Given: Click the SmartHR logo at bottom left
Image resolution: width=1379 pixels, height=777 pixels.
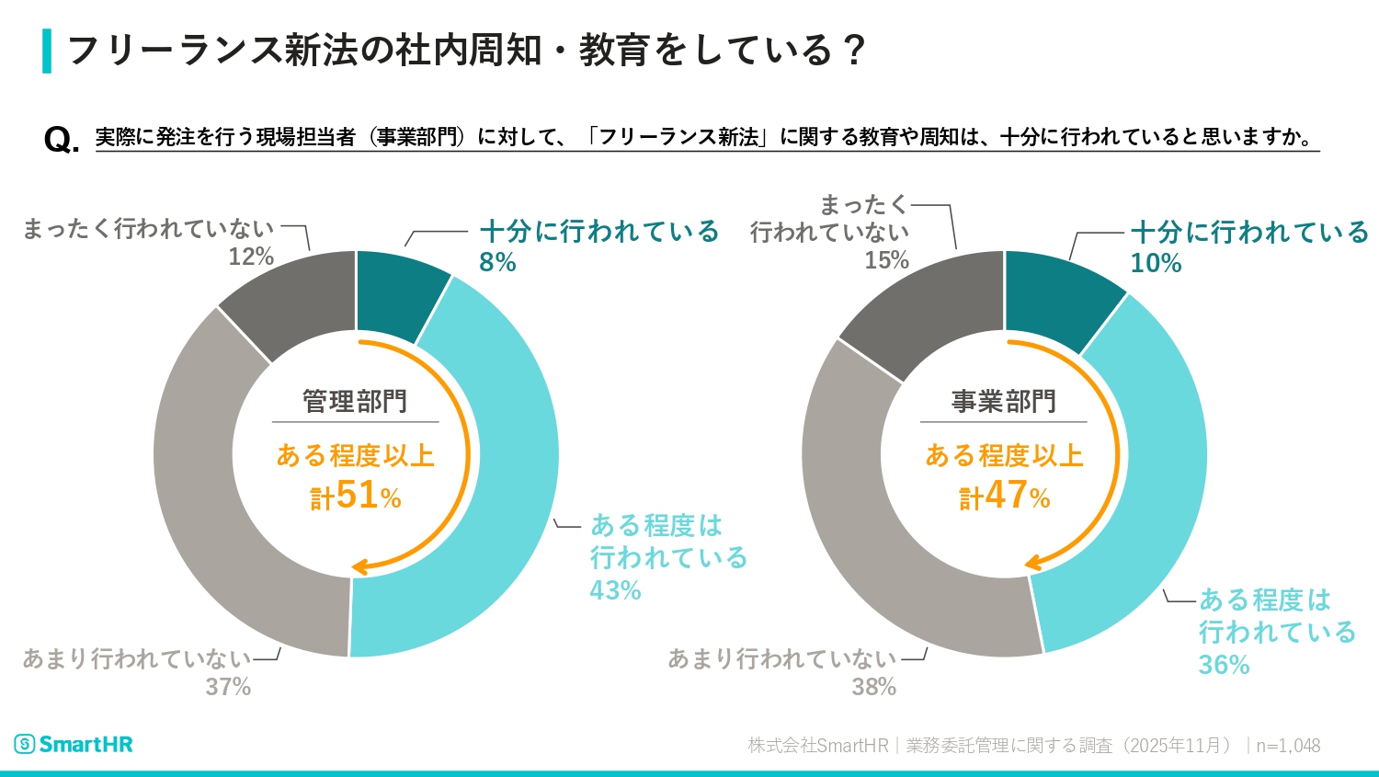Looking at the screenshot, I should point(74,744).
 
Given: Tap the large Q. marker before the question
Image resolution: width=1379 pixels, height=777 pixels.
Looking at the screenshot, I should point(61,140).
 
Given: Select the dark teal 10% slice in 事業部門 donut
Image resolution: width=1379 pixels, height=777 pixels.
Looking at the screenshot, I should point(1057,294).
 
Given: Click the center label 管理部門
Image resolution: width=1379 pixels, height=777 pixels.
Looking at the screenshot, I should point(355,402).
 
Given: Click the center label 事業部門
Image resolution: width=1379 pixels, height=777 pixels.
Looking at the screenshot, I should point(1004,402).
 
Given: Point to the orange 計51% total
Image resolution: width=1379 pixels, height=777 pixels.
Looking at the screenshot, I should point(356,497).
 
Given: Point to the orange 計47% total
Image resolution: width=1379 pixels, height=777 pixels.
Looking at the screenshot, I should point(1005,497).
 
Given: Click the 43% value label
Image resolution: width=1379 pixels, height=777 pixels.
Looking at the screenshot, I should point(615,590).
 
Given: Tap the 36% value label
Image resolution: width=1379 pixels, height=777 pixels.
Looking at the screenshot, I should point(1224,665).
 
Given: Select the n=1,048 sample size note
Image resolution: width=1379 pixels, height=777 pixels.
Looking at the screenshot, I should point(1288,746).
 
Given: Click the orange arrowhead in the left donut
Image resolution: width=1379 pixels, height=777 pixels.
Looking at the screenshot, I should point(360,567).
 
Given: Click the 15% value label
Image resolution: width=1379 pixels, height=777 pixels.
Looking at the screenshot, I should point(886,260).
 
